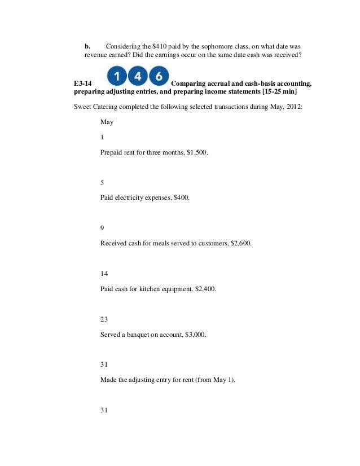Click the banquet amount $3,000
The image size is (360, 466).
[x=195, y=335]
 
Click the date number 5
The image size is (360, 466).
[x=102, y=182]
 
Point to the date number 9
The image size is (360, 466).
[x=102, y=228]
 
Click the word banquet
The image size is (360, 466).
[x=142, y=335]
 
